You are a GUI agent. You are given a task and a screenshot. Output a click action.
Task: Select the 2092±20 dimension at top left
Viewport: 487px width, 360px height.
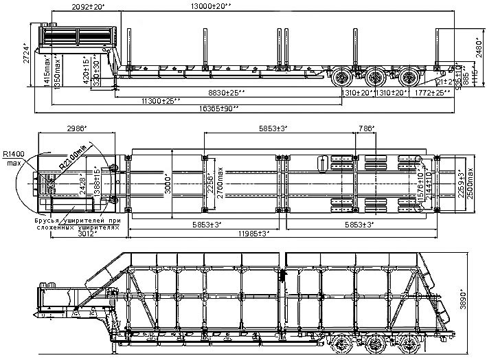click(x=87, y=6)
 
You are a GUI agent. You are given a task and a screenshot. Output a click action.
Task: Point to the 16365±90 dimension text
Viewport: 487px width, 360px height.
click(x=217, y=108)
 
